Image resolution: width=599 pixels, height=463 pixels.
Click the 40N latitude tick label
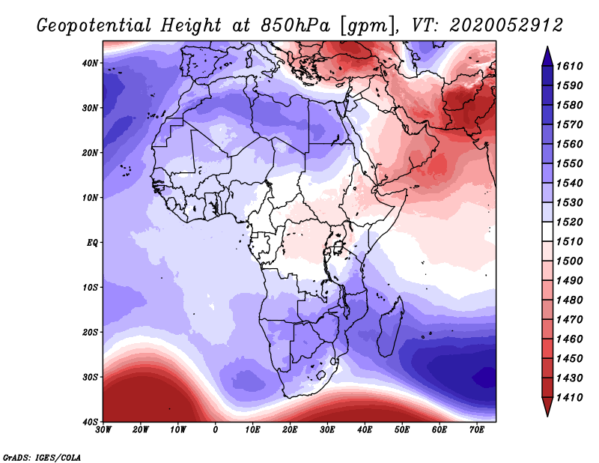(90, 63)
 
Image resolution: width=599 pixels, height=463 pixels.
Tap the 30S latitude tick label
(90, 377)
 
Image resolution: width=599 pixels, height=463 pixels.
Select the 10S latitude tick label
(90, 288)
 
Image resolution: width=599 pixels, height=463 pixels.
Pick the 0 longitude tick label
(216, 429)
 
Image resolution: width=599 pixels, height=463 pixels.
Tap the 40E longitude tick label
(365, 429)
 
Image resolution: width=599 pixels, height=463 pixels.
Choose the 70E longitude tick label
(477, 429)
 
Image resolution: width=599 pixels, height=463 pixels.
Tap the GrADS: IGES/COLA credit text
(42, 456)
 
